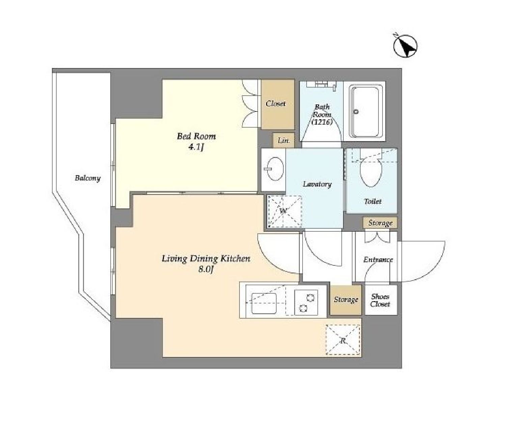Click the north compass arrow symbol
pyautogui.click(x=405, y=46)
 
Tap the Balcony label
pyautogui.click(x=87, y=178)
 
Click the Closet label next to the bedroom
pyautogui.click(x=276, y=104)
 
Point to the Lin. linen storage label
pyautogui.click(x=284, y=140)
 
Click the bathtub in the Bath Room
pyautogui.click(x=366, y=112)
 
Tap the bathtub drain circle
pyautogui.click(x=356, y=112)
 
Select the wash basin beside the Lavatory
pyautogui.click(x=274, y=169)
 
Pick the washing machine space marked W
pyautogui.click(x=285, y=211)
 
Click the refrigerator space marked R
pyautogui.click(x=343, y=340)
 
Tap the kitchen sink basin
pyautogui.click(x=264, y=303)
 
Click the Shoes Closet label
pyautogui.click(x=380, y=300)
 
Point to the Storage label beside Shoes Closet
pyautogui.click(x=346, y=300)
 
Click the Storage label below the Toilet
pyautogui.click(x=380, y=223)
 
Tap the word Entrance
pyautogui.click(x=378, y=260)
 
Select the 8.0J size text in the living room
pyautogui.click(x=206, y=270)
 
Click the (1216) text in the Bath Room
pyautogui.click(x=322, y=122)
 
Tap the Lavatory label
pyautogui.click(x=317, y=184)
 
